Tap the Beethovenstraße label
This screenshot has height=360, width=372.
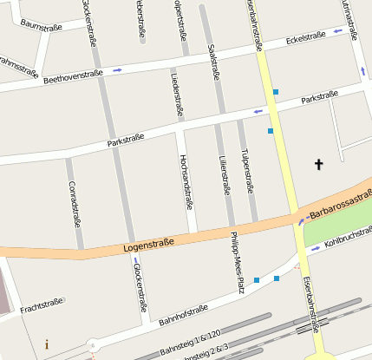coord(73,77)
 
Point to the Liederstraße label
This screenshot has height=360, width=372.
coord(178,95)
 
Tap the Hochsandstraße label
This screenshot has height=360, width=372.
coord(184,182)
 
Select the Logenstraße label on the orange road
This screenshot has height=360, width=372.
coord(143,245)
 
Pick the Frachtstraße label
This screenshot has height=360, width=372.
coord(42,305)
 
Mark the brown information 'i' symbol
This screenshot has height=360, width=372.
coord(46,344)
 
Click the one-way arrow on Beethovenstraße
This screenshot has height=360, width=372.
coord(117,69)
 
